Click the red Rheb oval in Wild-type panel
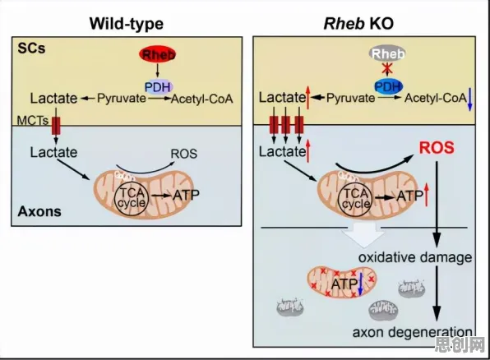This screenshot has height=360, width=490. pos(157,54)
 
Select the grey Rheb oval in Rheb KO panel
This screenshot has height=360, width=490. pos(387,53)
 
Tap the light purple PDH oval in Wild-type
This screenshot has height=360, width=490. pos(159,86)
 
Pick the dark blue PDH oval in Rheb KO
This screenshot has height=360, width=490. pos(388,86)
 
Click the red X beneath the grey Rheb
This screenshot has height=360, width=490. pos(387,68)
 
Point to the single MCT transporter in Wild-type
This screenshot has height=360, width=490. pos(56,126)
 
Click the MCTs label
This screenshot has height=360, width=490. pos(33,121)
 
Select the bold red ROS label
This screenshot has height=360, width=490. pos(437,148)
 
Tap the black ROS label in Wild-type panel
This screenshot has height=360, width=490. pos(184,154)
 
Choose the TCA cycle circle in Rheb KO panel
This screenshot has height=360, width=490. pos(355,200)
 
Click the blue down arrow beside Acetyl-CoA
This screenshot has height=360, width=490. pos(469,99)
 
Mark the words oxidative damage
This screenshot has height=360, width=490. pos(415,258)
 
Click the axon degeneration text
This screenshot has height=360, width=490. pos(413,332)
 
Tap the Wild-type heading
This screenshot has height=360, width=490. pos(127,24)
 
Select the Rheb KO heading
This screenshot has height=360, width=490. pos(358,24)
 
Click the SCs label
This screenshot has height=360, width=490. pos(31,48)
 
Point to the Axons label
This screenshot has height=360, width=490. pos(39,211)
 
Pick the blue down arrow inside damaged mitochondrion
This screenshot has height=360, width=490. pos(360,284)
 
